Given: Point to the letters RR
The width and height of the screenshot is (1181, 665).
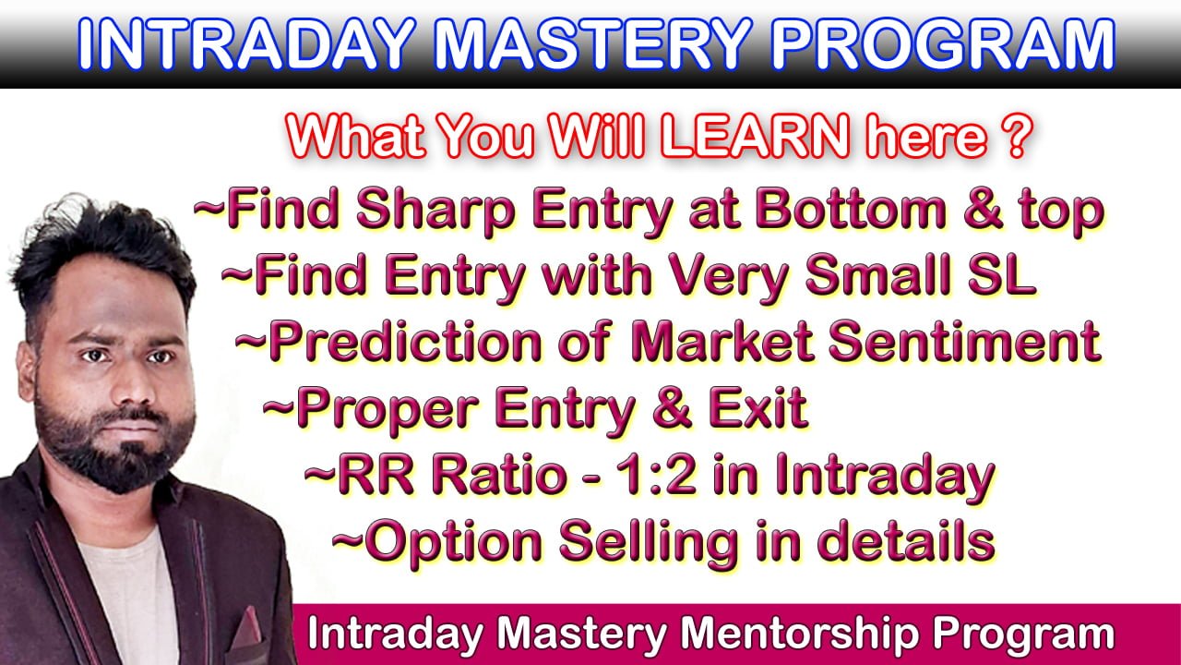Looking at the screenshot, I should [x=375, y=476].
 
